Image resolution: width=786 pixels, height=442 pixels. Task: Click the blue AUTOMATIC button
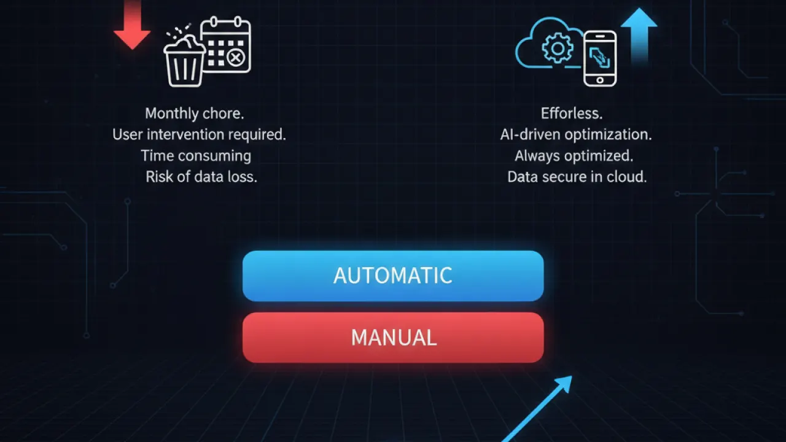point(393,276)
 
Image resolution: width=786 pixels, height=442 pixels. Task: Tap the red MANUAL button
point(393,338)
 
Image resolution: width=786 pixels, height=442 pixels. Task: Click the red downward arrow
point(132,25)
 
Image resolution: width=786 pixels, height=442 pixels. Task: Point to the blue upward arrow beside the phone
point(639,35)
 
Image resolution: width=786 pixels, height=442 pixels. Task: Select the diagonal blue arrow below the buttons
point(537,409)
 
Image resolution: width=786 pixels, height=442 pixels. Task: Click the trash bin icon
point(185,61)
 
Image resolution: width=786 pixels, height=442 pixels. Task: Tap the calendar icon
point(226,45)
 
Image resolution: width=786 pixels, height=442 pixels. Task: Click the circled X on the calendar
point(236,58)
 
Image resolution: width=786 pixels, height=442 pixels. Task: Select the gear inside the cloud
point(558,48)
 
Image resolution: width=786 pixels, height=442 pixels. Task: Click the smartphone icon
point(600,58)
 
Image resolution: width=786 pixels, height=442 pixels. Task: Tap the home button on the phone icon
point(600,80)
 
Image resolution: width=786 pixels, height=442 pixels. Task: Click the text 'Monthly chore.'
point(195,114)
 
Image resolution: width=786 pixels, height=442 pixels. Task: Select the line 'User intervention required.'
point(200,134)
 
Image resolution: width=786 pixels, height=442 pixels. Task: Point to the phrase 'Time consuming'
point(196,156)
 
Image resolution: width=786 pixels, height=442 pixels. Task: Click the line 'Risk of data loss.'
point(201,177)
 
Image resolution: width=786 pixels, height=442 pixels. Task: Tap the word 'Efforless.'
point(572,114)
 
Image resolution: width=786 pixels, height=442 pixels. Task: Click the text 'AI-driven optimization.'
point(576,134)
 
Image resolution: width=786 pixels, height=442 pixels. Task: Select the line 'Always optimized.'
point(574,156)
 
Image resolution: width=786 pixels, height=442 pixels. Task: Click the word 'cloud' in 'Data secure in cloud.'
point(627,177)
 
